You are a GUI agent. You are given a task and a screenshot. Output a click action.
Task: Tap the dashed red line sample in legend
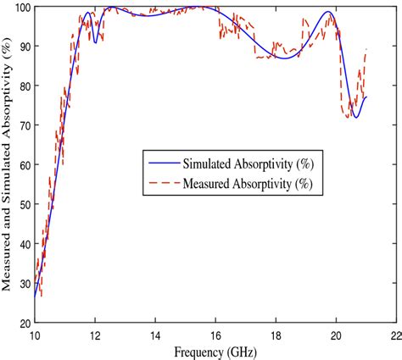click(165, 181)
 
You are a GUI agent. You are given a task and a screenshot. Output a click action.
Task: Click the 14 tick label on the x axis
click(155, 333)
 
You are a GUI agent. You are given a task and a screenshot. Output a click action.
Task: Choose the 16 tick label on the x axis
click(215, 333)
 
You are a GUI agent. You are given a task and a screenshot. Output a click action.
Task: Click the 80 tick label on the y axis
click(24, 86)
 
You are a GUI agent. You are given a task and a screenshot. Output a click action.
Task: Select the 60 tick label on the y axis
click(24, 165)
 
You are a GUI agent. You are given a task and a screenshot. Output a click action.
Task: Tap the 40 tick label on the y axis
click(24, 244)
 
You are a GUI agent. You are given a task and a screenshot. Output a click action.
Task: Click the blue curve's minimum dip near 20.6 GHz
click(356, 117)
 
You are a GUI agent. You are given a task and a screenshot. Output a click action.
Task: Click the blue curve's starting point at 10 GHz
click(35, 296)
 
